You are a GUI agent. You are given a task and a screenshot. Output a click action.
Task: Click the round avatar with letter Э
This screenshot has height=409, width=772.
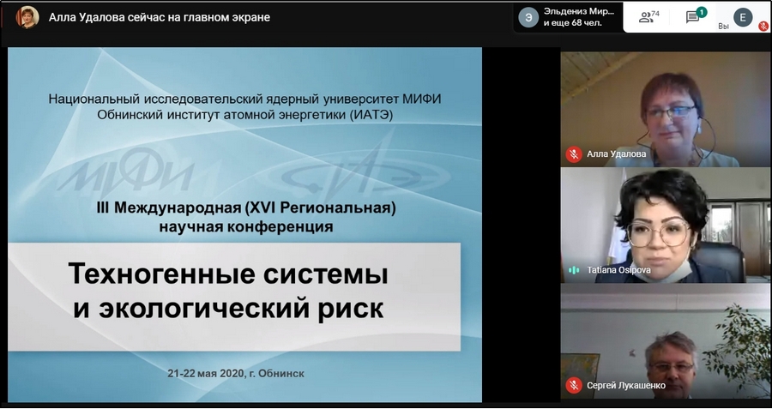tap(528, 17)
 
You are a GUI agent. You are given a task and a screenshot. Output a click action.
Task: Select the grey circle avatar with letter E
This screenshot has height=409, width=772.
tap(743, 17)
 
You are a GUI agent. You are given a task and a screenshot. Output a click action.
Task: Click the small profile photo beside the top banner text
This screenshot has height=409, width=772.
tap(27, 17)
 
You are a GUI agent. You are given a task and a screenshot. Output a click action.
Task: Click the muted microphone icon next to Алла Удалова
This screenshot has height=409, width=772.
tap(574, 154)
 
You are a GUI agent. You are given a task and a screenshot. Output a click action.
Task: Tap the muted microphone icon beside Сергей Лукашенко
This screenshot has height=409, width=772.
tap(574, 385)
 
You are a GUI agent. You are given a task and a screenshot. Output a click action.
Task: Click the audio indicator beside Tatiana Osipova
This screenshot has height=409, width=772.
tap(574, 270)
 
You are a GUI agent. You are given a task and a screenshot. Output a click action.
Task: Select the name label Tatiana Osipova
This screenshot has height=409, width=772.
tap(618, 270)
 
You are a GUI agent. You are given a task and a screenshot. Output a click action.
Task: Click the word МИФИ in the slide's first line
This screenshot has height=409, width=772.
tap(421, 99)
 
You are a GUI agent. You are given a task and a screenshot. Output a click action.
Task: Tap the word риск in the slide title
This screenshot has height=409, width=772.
tap(351, 308)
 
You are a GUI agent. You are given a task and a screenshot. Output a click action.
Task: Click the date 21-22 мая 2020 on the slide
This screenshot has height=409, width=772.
tap(205, 374)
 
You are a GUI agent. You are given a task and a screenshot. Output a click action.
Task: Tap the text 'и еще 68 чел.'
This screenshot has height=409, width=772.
tap(573, 22)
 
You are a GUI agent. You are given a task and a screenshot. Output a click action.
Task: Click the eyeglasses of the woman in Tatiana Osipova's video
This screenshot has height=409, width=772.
tap(658, 232)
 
